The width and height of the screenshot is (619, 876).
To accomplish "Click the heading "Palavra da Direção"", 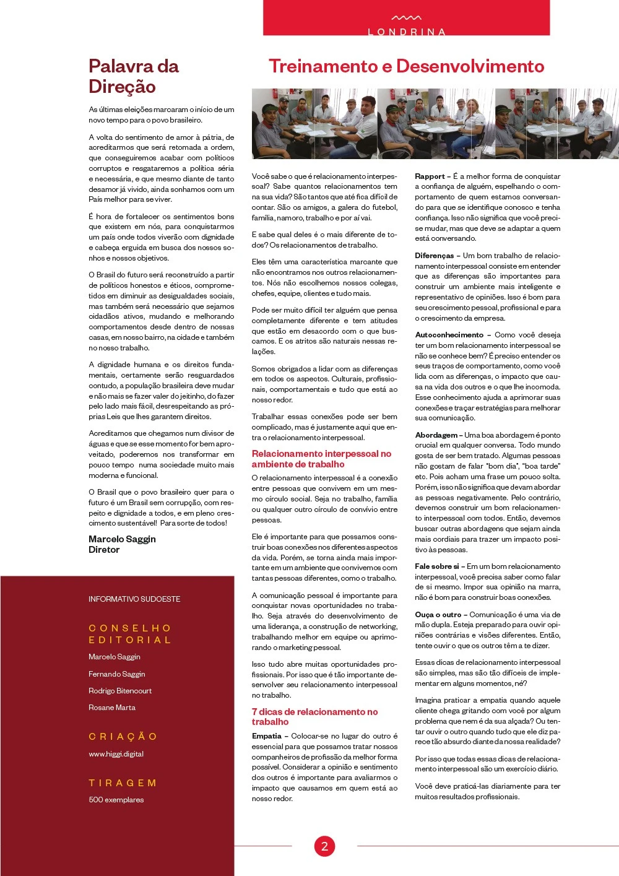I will coord(134,76).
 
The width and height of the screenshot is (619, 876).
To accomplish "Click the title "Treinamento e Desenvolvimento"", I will coord(406,66).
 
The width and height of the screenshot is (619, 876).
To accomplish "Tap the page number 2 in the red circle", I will coord(324,846).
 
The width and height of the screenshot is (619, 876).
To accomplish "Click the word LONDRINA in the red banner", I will coord(407,32).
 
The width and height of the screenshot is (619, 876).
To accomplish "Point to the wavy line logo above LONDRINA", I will coord(407,18).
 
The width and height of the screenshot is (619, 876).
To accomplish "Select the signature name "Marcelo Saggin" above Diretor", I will coord(122,539).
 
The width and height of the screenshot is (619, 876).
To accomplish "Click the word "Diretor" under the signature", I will coord(104,550).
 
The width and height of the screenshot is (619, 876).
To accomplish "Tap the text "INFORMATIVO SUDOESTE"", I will coord(134,599).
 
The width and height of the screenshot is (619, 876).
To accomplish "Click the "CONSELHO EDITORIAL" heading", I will coord(130,634).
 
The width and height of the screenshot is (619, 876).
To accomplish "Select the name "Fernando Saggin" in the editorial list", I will coord(116,674).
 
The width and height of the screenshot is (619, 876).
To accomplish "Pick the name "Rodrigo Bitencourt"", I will coord(120,691).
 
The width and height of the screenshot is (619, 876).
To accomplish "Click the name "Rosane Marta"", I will coord(112,708).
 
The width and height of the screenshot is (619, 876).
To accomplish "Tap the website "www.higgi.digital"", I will coord(116,754).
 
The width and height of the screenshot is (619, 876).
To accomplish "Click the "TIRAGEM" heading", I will coord(123,783).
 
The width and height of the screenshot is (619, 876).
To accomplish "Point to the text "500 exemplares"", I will coord(116,800).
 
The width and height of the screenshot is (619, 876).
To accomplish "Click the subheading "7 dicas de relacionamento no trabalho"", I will coord(314,717).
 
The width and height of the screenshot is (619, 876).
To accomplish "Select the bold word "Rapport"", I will coord(430,176).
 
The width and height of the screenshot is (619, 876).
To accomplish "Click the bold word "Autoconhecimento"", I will coord(449,335).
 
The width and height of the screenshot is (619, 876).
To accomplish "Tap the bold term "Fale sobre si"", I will coord(437,566).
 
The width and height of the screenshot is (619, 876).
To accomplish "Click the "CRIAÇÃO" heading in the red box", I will coord(123,737).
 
